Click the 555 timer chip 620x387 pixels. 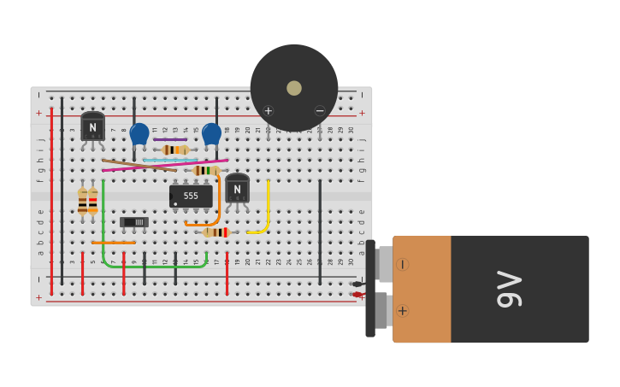point(191,196)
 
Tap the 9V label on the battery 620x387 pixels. point(509,289)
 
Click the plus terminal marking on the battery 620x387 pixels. point(402,311)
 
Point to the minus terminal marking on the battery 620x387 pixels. point(402,264)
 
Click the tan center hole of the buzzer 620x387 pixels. point(294,88)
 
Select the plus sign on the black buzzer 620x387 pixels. point(269,110)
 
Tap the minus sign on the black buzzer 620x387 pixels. point(320,110)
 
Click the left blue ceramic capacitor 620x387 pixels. point(139,133)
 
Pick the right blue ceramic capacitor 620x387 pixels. point(211,133)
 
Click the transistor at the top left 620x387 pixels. point(92,127)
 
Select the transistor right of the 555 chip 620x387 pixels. point(237,189)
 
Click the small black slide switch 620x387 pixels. point(134,222)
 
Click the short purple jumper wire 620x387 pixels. point(170,139)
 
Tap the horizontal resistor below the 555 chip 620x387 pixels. point(216,232)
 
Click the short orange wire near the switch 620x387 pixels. point(114,243)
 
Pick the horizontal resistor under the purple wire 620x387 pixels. point(174,150)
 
